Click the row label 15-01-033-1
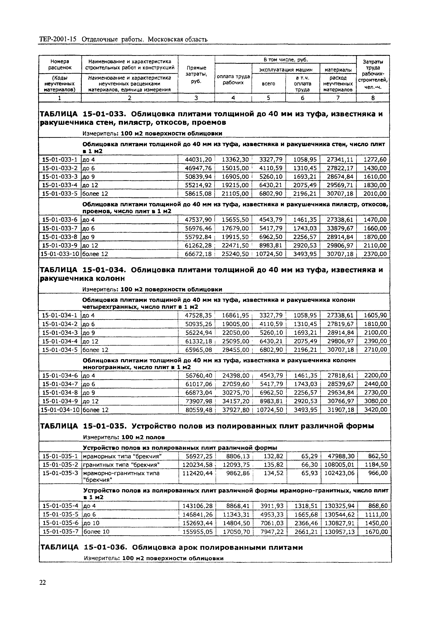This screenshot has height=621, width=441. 60,160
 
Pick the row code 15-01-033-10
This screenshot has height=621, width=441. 60,254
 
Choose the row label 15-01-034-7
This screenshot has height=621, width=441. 60,384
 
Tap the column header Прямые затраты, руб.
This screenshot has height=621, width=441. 196,74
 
